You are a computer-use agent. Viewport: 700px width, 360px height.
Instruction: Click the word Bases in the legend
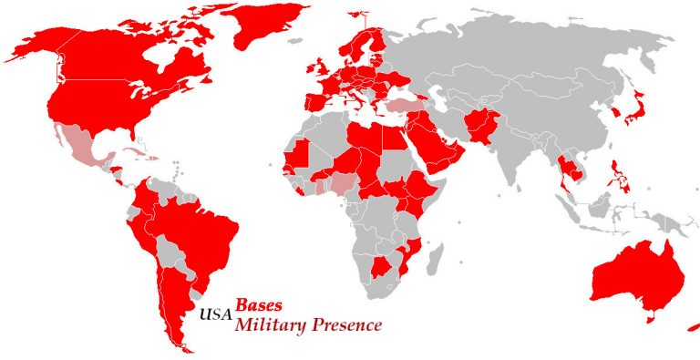[x=259, y=306]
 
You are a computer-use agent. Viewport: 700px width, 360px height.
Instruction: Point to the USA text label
[x=215, y=316]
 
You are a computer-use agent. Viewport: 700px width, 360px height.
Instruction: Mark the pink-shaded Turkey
[x=405, y=105]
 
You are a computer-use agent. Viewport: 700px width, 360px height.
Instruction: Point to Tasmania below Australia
[x=650, y=317]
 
